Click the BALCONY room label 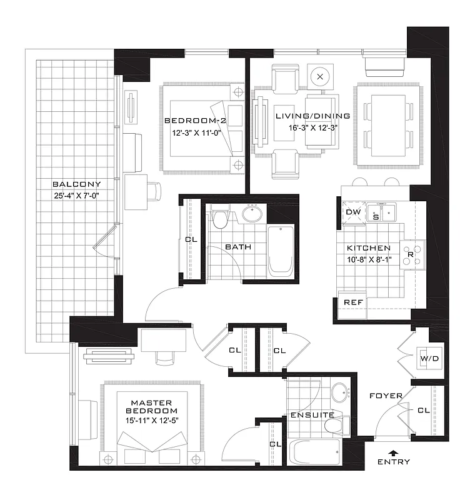point(76,184)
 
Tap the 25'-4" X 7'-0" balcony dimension point(76,196)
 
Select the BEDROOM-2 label point(187,121)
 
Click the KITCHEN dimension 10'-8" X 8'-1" point(369,259)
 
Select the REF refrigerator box point(352,302)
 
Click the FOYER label point(386,396)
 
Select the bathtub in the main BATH point(279,251)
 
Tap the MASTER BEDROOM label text point(152,406)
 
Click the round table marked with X point(320,76)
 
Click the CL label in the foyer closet point(423,410)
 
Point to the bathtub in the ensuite point(314,451)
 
